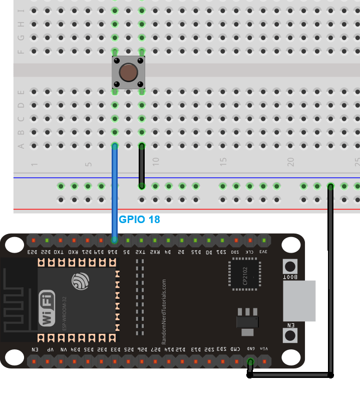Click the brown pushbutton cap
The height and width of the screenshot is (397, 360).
click(129, 73)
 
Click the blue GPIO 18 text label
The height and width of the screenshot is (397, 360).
click(139, 220)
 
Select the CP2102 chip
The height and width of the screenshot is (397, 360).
click(245, 275)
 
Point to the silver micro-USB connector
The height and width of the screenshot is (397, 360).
click(299, 301)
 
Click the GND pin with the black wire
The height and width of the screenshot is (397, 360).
click(250, 361)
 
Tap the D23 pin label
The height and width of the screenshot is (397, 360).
click(33, 252)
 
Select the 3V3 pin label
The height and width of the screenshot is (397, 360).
click(264, 252)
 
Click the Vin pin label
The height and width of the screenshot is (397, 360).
click(264, 349)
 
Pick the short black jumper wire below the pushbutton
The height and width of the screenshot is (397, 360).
click(142, 166)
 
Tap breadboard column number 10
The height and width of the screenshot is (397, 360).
click(155, 162)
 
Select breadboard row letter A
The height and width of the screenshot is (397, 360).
click(21, 146)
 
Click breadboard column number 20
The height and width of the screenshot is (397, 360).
click(290, 162)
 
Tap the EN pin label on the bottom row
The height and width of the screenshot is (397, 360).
click(34, 349)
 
